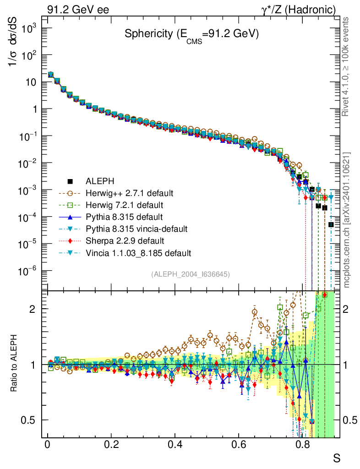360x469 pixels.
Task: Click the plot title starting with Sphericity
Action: coord(192,34)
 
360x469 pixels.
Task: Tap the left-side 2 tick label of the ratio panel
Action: coord(37,309)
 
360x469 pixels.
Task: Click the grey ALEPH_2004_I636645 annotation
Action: coord(190,274)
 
